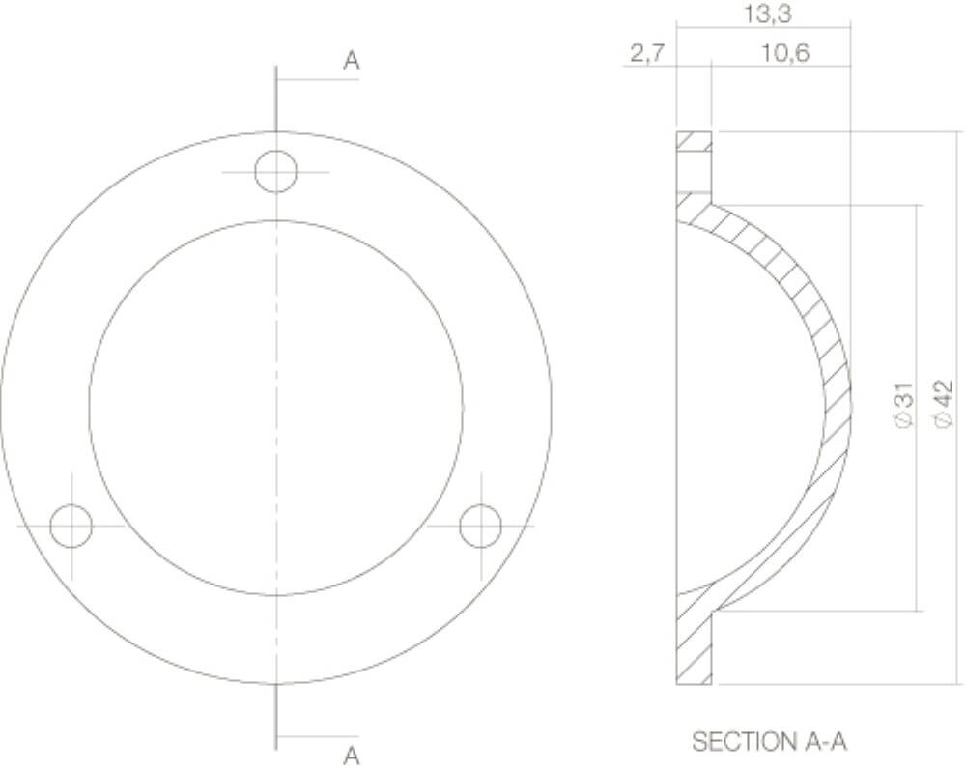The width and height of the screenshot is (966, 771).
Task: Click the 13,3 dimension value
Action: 763,14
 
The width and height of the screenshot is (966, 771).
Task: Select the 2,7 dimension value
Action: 646,54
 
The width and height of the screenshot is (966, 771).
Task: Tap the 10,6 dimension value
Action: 783,54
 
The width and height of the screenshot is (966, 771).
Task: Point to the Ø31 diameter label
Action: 903,406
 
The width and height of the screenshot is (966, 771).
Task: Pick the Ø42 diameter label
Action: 944,404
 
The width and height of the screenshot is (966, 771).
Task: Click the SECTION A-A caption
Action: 770,742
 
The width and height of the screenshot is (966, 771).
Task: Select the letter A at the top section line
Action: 352,61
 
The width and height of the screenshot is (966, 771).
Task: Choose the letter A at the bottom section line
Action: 352,755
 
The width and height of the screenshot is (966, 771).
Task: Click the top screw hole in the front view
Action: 276,172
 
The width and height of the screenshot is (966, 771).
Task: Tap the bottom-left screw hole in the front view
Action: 71,527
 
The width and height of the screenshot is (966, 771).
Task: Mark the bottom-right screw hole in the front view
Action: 480,527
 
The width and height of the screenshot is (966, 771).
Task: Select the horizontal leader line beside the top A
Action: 318,79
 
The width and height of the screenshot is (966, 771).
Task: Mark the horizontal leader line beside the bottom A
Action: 318,736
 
